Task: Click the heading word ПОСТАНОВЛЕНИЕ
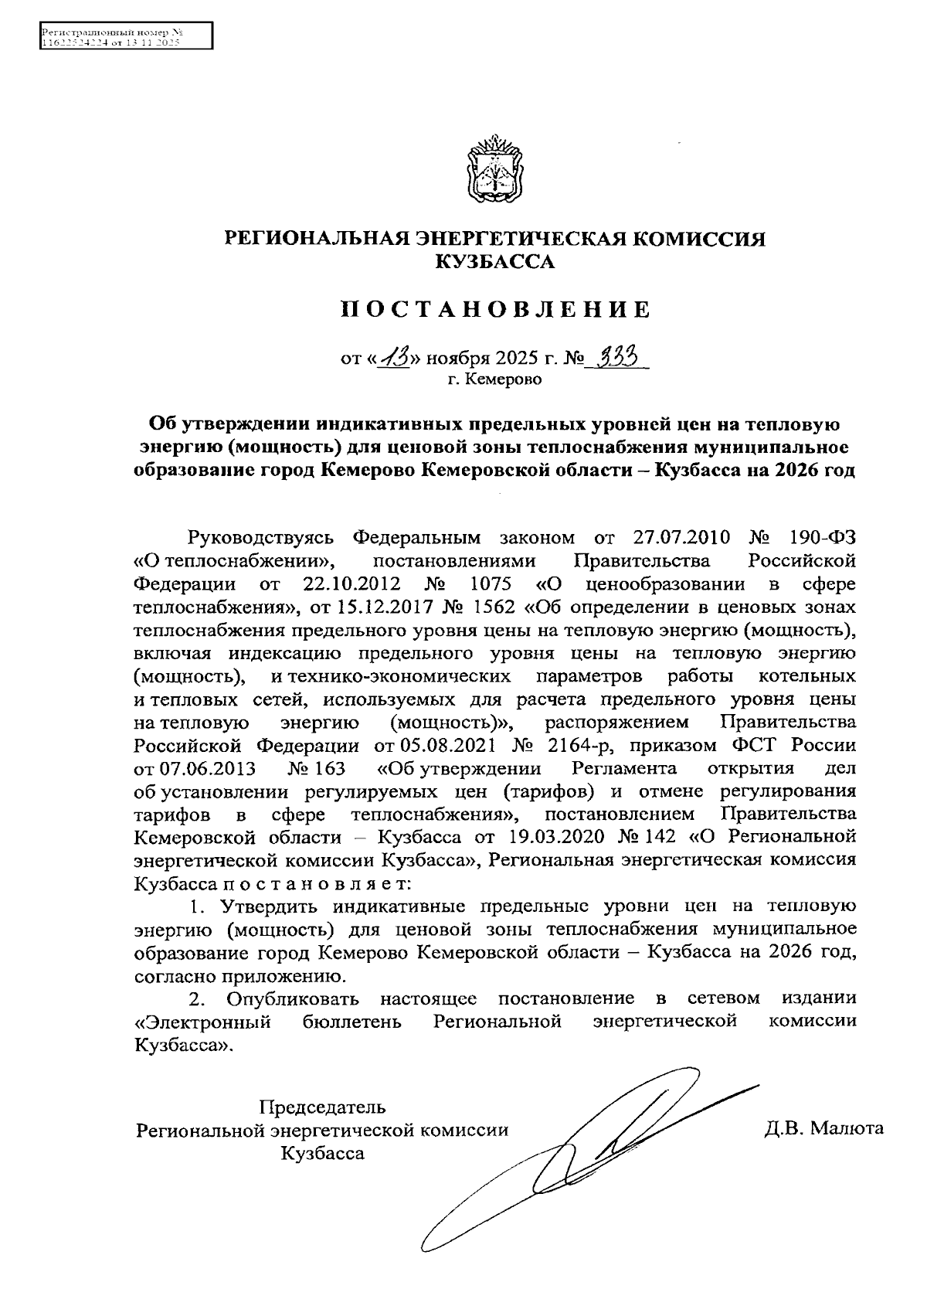click(x=495, y=310)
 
